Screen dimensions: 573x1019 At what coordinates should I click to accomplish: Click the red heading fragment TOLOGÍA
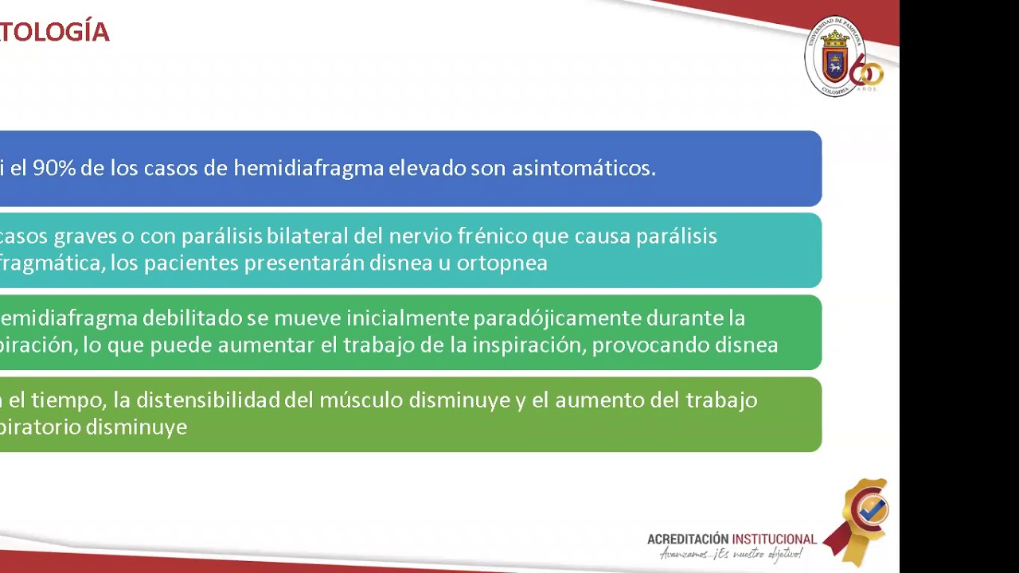[x=54, y=33]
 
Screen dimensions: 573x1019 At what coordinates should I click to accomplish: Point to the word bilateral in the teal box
[x=307, y=236]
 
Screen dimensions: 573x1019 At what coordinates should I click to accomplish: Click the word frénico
[x=491, y=236]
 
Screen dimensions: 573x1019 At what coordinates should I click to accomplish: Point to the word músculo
[x=361, y=400]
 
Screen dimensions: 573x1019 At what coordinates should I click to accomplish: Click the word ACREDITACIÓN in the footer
[x=689, y=540]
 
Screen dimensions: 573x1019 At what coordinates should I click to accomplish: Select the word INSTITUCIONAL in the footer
[x=774, y=540]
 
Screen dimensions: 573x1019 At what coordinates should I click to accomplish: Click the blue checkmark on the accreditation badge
[x=873, y=509]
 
